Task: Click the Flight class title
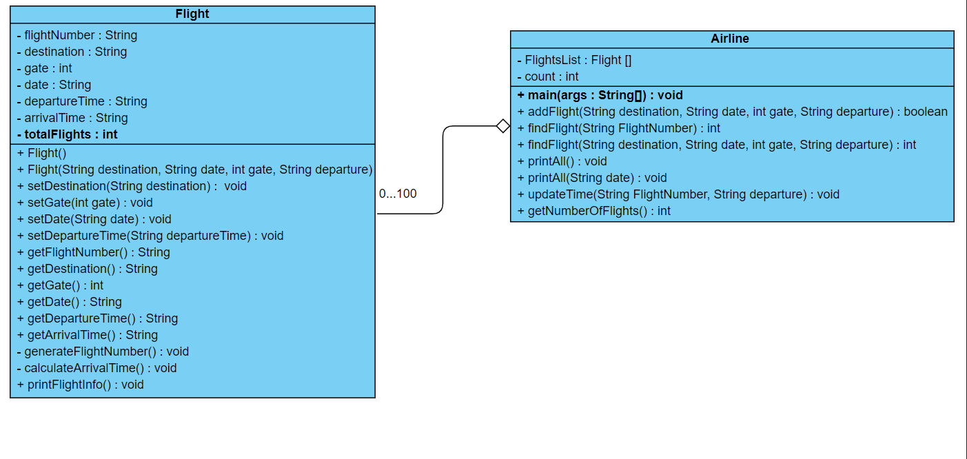192,14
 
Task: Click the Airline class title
730,39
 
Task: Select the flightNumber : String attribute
77,35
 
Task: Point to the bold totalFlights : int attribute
68,134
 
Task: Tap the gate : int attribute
45,68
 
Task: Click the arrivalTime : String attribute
72,118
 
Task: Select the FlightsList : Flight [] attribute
574,60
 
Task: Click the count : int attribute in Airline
548,76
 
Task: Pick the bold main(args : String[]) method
600,95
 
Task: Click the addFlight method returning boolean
732,112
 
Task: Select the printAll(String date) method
592,178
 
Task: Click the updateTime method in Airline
678,194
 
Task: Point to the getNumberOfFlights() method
593,211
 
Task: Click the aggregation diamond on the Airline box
503,126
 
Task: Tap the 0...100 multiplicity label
398,194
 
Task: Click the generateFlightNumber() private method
103,351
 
